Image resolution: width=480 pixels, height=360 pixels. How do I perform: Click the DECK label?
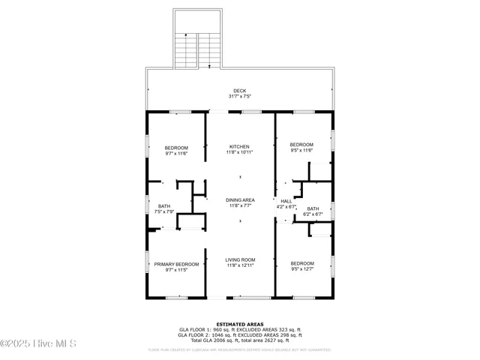pyautogui.click(x=239, y=91)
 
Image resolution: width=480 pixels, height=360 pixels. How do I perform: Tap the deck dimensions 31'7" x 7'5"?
pyautogui.click(x=239, y=97)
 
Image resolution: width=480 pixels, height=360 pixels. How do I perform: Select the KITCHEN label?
pyautogui.click(x=239, y=146)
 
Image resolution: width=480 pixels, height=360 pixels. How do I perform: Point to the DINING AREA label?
pyautogui.click(x=240, y=199)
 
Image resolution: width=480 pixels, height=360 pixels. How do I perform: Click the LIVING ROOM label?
pyautogui.click(x=240, y=259)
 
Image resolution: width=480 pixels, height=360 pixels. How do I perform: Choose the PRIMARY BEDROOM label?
pyautogui.click(x=176, y=264)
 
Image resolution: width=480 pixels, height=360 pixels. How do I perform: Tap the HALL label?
pyautogui.click(x=286, y=201)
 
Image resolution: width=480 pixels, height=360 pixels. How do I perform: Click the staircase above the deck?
pyautogui.click(x=197, y=49)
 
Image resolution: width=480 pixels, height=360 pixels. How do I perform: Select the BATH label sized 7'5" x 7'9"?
pyautogui.click(x=163, y=206)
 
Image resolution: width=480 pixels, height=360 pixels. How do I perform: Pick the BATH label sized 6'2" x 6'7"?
pyautogui.click(x=313, y=208)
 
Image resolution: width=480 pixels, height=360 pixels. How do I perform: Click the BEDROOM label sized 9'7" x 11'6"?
pyautogui.click(x=176, y=148)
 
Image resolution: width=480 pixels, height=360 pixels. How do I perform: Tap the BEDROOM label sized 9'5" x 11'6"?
pyautogui.click(x=301, y=144)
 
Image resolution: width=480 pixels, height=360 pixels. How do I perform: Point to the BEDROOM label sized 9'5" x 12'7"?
pyautogui.click(x=302, y=263)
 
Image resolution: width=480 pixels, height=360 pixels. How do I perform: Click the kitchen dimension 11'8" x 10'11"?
pyautogui.click(x=239, y=152)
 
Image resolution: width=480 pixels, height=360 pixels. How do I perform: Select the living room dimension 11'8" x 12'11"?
pyautogui.click(x=240, y=265)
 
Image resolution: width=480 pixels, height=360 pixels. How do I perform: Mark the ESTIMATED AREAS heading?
pyautogui.click(x=239, y=324)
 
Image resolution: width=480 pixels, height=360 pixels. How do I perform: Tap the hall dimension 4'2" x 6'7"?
pyautogui.click(x=286, y=207)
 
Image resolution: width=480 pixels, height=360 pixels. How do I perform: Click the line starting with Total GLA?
pyautogui.click(x=239, y=340)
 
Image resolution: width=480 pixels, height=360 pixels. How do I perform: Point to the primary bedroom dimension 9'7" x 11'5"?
pyautogui.click(x=176, y=270)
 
